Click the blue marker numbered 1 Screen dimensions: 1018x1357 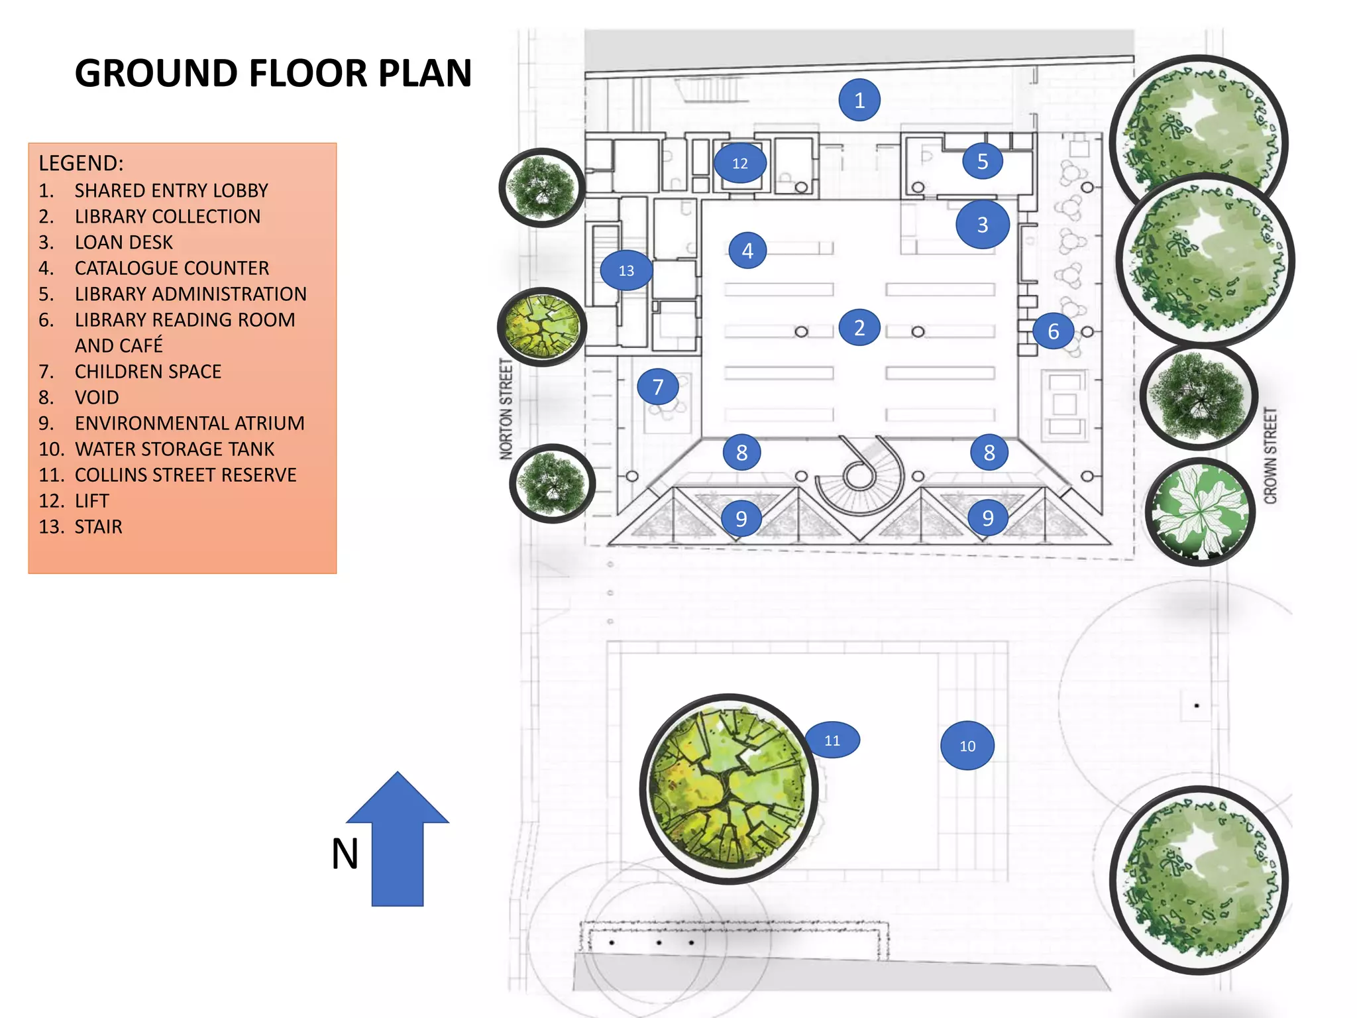pos(859,100)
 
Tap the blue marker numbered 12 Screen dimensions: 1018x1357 pos(739,163)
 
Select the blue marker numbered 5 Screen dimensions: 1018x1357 pos(982,161)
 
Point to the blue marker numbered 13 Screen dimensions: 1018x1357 pos(625,270)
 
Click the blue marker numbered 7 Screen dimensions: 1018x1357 pos(657,386)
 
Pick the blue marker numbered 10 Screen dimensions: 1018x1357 pos(967,746)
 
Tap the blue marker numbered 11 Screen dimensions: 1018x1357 pos(832,740)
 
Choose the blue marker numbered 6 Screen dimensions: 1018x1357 pos(1052,331)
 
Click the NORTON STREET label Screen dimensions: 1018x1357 pos(506,409)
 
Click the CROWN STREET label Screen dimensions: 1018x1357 pos(1270,456)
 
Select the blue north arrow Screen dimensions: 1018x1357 pos(398,842)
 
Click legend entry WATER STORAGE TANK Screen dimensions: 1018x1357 pos(174,449)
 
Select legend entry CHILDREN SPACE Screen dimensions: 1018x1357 pos(148,371)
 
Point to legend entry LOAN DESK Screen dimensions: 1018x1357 pos(123,242)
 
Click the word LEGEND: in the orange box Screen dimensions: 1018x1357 pos(81,163)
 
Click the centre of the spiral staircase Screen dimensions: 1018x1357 pos(859,475)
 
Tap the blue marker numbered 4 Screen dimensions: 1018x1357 pos(747,251)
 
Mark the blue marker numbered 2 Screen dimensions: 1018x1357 pos(859,327)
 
